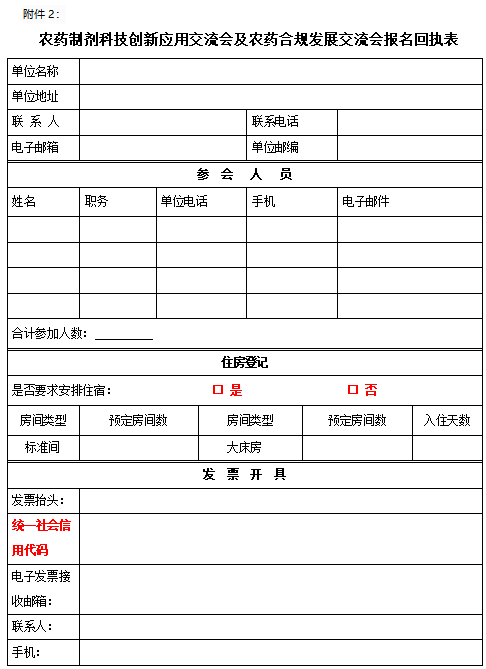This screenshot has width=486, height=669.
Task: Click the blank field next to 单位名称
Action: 279,72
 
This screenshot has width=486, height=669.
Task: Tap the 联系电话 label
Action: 275,122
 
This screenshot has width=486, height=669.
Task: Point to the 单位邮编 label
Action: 275,148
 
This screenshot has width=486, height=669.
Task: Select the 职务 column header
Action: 97,202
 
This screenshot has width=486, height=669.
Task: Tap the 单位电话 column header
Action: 184,202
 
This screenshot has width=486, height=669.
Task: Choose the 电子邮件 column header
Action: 366,202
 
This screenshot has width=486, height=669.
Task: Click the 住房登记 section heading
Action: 244,362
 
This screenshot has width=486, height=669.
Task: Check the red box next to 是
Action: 217,390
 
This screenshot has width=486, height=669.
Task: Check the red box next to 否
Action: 352,390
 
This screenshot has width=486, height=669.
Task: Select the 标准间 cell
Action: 43,447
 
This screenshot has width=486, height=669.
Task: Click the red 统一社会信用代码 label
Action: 41,538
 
